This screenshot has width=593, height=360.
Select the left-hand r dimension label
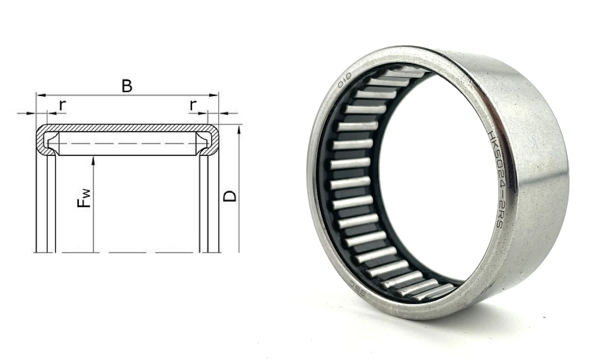(62, 105)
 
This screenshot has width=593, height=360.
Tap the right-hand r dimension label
(193, 105)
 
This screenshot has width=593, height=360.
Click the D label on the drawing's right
(230, 195)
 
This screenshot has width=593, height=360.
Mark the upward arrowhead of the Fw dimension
(94, 160)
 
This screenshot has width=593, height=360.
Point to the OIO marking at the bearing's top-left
(345, 81)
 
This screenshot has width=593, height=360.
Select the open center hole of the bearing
(433, 178)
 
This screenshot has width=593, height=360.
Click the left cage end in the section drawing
(53, 143)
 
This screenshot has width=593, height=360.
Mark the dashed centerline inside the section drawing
(127, 144)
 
